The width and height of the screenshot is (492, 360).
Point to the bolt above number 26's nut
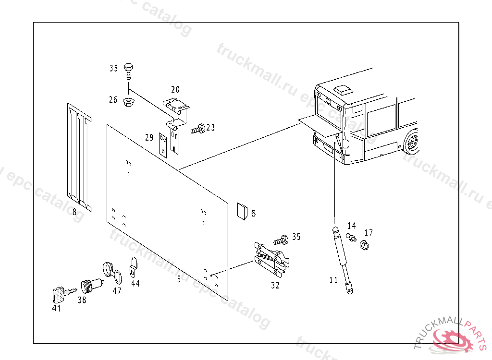coord(128,71)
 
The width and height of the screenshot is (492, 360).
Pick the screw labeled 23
coord(198,129)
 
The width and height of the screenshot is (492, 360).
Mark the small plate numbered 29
coord(163,144)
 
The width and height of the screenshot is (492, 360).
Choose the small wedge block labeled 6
coord(242,211)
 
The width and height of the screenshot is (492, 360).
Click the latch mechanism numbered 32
coord(271,259)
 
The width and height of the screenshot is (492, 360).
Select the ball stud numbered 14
coord(351,237)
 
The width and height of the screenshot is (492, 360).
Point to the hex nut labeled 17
coord(365,245)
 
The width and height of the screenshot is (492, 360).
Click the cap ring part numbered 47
coord(111,272)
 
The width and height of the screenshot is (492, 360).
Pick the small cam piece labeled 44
coord(133,267)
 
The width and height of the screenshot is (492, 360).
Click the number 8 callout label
coord(74,212)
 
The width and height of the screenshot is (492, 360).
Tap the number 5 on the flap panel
coord(179,279)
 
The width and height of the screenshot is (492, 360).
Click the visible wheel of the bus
coord(412,143)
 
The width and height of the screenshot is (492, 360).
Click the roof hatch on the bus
coord(343,89)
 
